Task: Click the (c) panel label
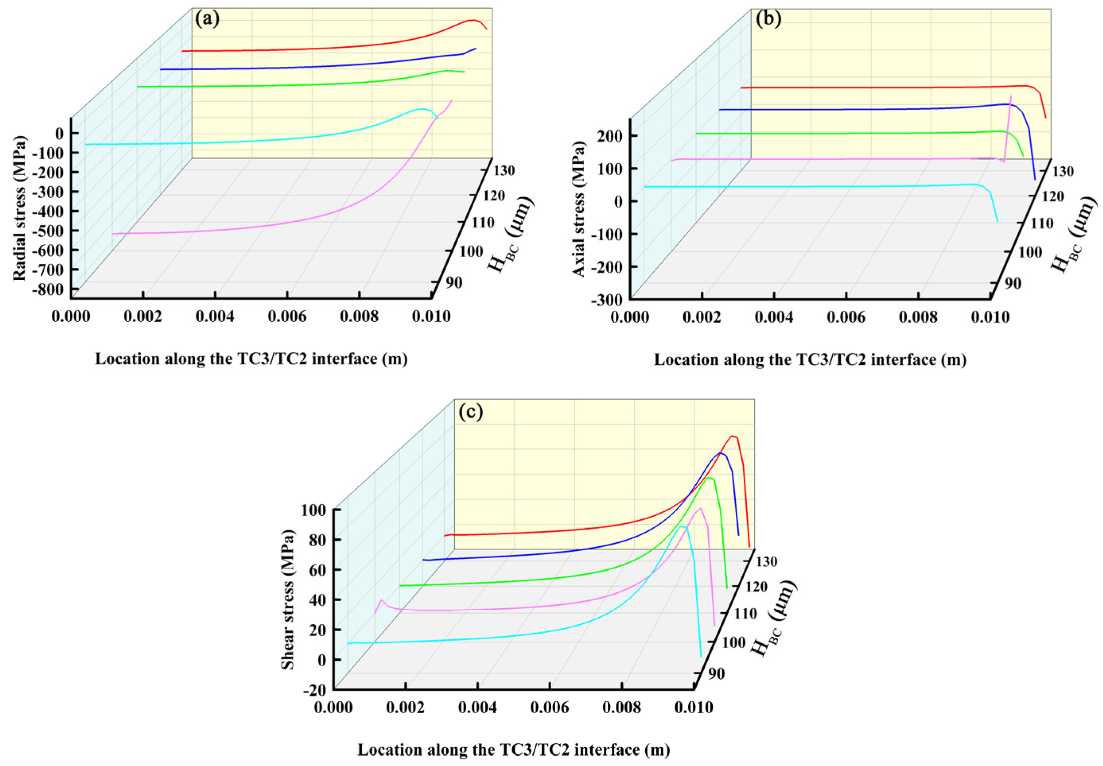coord(470,412)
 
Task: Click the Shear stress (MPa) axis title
coord(287,600)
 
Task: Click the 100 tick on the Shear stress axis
coord(314,510)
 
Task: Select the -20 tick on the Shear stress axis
coord(316,690)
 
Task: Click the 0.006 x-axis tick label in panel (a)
coord(287,316)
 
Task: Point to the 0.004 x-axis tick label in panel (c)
coord(477,708)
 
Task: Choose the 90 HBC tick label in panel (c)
coord(716,674)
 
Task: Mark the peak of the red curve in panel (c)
coord(732,436)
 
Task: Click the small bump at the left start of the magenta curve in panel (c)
coord(382,600)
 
